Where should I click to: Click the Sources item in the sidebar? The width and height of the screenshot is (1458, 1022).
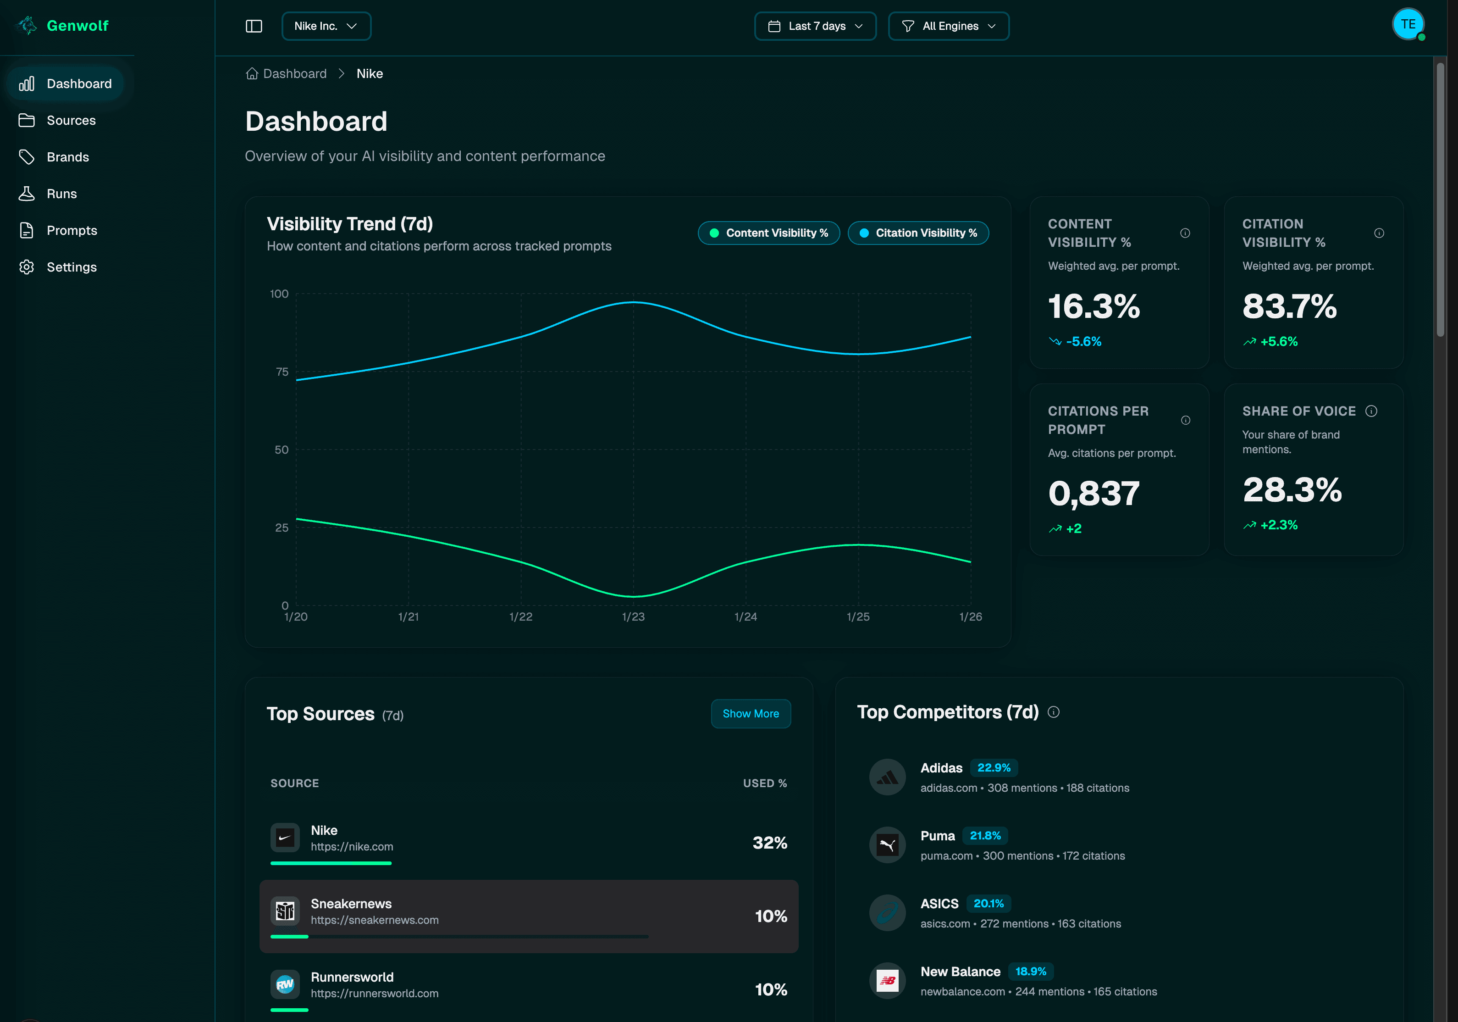click(71, 120)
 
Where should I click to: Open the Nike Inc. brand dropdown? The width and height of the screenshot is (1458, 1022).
click(326, 26)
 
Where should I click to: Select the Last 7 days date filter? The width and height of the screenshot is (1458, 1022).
click(815, 26)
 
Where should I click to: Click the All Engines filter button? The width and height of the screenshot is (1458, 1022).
click(948, 26)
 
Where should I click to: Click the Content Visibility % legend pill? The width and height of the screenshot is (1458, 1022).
click(768, 233)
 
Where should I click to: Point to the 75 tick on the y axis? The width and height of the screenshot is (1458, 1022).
click(282, 372)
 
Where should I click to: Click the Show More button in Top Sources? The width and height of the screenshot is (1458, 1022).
click(750, 713)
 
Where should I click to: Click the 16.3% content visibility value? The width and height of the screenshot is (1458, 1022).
click(1093, 307)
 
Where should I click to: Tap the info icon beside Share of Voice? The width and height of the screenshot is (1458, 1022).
click(1371, 411)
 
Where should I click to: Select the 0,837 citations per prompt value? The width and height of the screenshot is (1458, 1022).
click(1093, 494)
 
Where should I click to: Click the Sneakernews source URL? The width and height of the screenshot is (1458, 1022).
click(374, 920)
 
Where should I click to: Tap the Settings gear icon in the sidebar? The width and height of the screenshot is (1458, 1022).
click(27, 267)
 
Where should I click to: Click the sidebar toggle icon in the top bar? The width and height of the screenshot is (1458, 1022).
click(254, 26)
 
